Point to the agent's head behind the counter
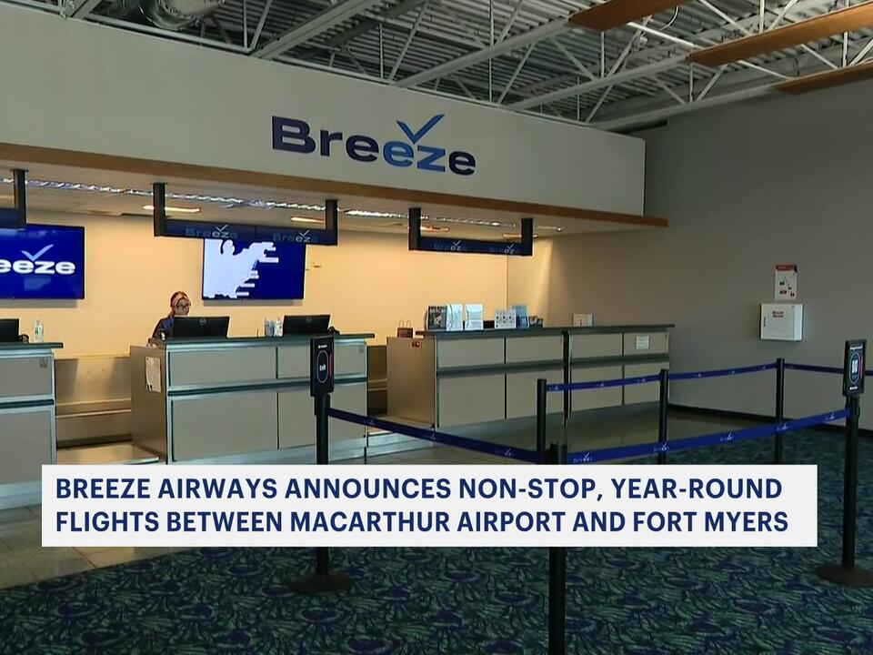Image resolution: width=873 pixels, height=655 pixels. pyautogui.click(x=178, y=303)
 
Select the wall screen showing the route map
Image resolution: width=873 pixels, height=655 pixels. pyautogui.click(x=253, y=269)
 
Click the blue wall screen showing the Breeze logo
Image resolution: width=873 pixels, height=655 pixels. pyautogui.click(x=41, y=262)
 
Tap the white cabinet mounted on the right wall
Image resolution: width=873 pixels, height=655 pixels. pyautogui.click(x=781, y=321)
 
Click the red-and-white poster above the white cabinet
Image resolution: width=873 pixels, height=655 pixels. pyautogui.click(x=786, y=282)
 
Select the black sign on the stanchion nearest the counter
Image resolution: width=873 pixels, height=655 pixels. pyautogui.click(x=321, y=366)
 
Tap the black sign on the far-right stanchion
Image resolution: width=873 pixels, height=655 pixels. pyautogui.click(x=853, y=368)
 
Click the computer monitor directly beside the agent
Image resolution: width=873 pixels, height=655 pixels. pyautogui.click(x=200, y=327)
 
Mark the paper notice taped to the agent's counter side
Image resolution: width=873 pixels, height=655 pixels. pyautogui.click(x=153, y=374)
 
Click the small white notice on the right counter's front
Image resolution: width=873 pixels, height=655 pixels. pyautogui.click(x=642, y=343)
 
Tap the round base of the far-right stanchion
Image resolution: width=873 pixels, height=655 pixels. pyautogui.click(x=845, y=574)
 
